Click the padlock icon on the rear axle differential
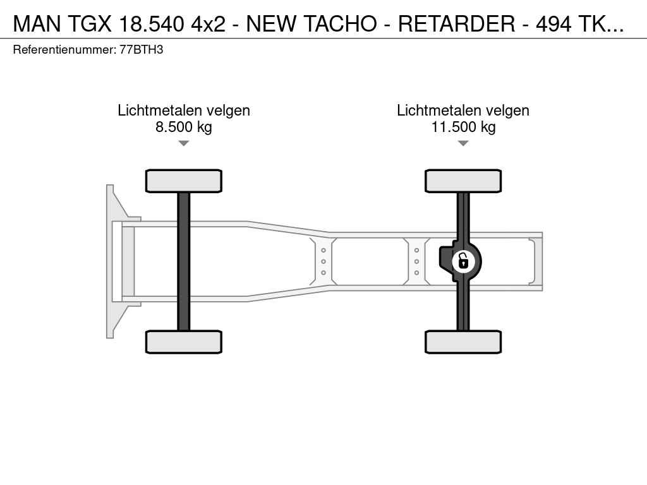[463, 261]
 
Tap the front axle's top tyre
[184, 181]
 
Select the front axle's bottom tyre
[184, 342]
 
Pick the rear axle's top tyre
[463, 181]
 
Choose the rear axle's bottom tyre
[463, 342]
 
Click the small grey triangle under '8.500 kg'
[184, 143]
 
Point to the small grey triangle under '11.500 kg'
[463, 143]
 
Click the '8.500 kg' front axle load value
[184, 126]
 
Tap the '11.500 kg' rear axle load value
[463, 126]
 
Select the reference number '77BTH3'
[142, 50]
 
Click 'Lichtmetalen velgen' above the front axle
[184, 111]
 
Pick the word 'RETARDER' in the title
[457, 24]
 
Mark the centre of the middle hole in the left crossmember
[323, 261]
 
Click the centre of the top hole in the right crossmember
[417, 250]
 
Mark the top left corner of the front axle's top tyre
[146, 170]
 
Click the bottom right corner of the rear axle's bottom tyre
[501, 353]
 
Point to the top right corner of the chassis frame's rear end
[542, 232]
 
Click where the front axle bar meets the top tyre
[184, 193]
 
